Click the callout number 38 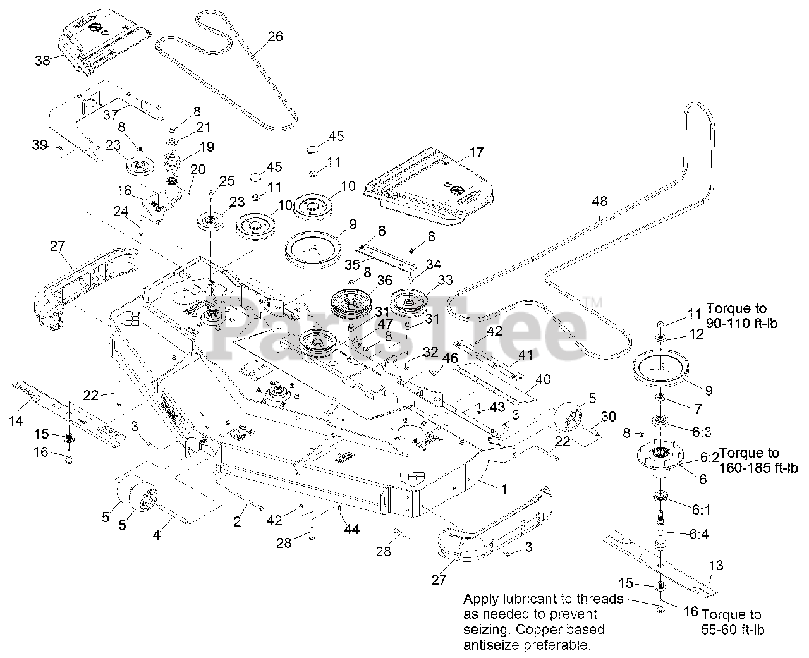pyautogui.click(x=42, y=61)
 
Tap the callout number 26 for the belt pyautogui.click(x=275, y=36)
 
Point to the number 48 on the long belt pyautogui.click(x=599, y=201)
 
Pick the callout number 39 pyautogui.click(x=40, y=145)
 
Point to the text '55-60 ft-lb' pyautogui.click(x=733, y=630)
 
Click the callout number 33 pyautogui.click(x=445, y=279)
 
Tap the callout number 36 pyautogui.click(x=384, y=280)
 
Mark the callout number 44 pyautogui.click(x=351, y=529)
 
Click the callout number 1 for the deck pyautogui.click(x=504, y=488)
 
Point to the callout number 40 pyautogui.click(x=543, y=379)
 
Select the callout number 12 pyautogui.click(x=696, y=335)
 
